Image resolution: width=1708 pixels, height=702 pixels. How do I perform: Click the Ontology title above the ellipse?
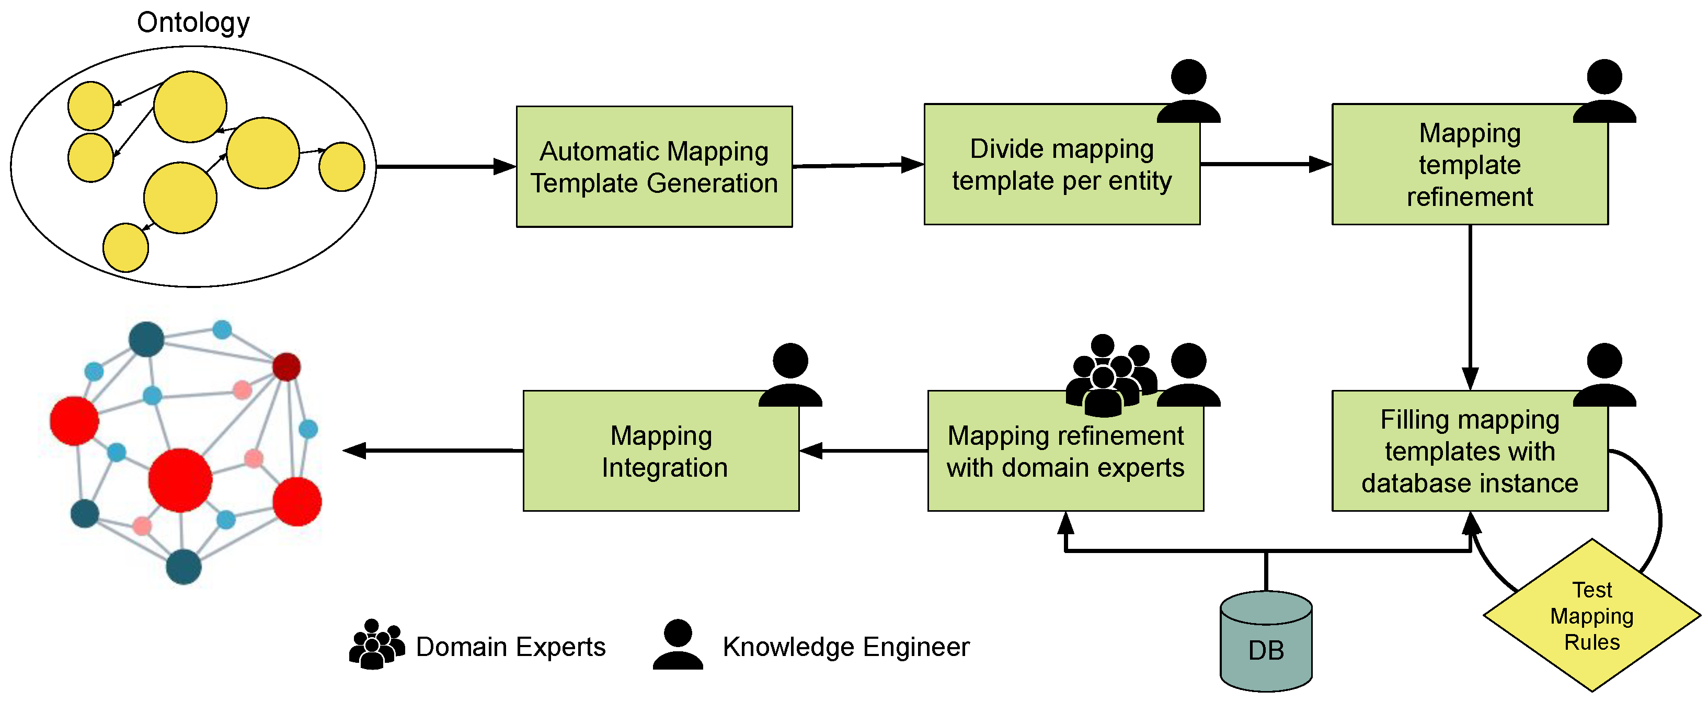coord(193,22)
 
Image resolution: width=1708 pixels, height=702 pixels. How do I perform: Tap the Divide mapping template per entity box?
coord(1061,165)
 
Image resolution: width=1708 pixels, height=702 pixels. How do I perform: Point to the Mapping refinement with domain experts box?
coord(1065,457)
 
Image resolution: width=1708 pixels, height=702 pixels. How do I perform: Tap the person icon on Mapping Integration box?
coord(790,375)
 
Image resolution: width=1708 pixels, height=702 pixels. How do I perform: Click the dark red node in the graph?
coord(286,366)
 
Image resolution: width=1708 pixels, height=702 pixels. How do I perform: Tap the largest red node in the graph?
coord(180,480)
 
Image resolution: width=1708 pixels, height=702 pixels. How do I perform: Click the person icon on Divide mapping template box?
coord(1188,91)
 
